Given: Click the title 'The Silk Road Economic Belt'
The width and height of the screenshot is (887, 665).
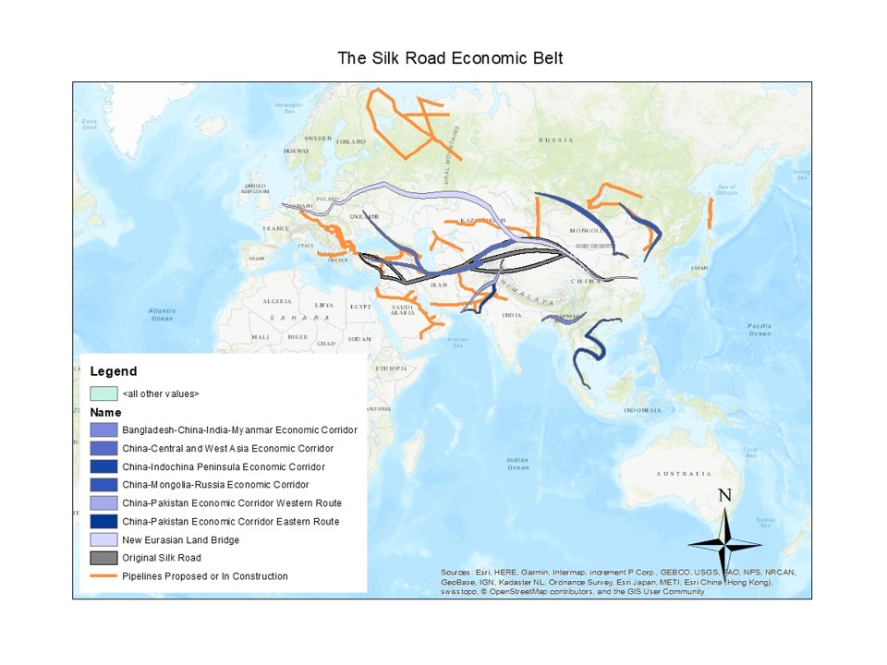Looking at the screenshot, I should coord(450,58).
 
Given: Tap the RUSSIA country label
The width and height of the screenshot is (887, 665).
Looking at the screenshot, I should coord(556,139).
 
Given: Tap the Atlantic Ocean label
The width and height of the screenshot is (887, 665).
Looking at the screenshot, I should coord(162,314).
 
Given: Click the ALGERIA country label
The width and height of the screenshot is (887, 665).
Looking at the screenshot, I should coord(277,302).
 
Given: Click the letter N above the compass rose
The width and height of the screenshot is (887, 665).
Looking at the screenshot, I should coord(725,496).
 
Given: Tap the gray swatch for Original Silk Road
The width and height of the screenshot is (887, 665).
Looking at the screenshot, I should coord(103,558).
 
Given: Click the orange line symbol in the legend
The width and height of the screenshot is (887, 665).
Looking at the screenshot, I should coord(103,576).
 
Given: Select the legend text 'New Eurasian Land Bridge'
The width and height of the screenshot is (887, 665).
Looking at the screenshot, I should coord(180,539).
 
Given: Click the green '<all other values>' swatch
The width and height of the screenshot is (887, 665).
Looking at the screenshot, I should coord(103,393).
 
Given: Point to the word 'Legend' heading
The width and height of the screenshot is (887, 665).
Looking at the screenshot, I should coord(113,371).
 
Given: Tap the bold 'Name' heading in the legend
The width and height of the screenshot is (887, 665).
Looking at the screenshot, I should coord(105,412).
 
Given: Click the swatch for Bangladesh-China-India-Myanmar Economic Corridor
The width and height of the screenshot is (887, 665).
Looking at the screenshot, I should coord(103,429).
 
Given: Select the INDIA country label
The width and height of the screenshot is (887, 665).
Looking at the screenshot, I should coord(511,316).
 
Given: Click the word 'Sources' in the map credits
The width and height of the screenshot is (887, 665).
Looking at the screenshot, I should coord(457,573).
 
